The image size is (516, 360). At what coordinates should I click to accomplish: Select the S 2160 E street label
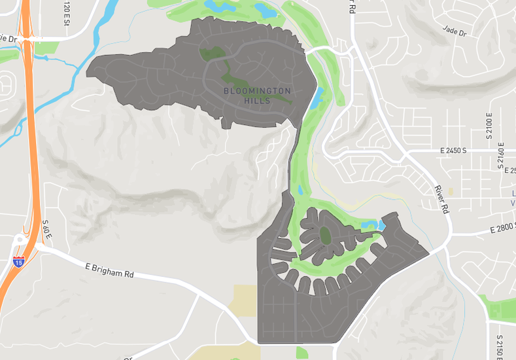[502, 154]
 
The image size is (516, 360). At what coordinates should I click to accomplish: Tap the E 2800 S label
[502, 227]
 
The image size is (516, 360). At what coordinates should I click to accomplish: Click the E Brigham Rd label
[109, 270]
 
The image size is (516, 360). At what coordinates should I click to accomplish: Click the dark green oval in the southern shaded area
[324, 235]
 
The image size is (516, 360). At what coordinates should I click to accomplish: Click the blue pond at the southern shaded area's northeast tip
[381, 225]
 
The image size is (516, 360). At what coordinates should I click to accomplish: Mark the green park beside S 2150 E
[500, 307]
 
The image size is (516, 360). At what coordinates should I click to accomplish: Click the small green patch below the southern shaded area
[301, 352]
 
